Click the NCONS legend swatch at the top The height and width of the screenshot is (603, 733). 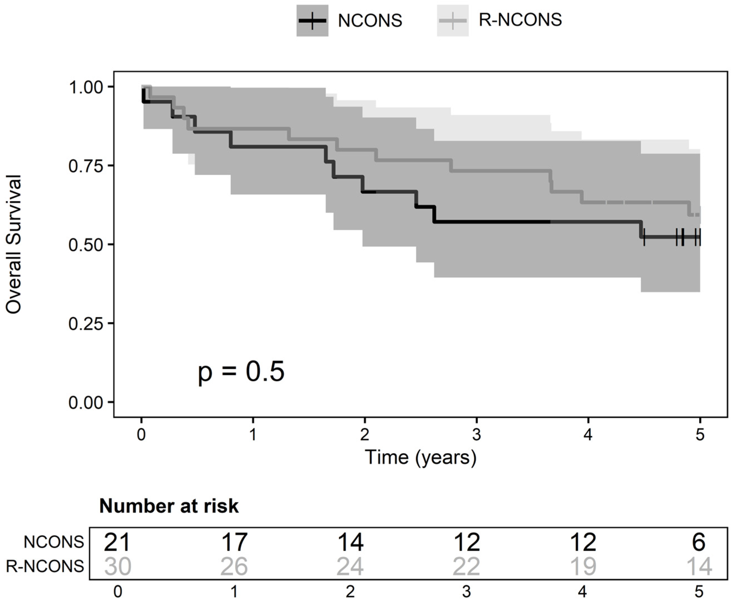312,21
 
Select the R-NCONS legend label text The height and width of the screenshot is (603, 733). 520,20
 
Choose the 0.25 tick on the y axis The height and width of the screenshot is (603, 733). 86,324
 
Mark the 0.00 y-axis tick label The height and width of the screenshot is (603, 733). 86,403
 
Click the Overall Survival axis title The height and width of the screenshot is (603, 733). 14,244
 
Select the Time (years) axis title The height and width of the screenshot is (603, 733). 421,457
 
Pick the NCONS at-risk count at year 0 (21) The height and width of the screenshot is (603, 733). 117,542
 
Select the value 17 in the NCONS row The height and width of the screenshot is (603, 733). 234,542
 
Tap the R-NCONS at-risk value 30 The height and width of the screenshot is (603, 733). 118,566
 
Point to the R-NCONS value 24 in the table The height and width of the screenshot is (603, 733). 350,566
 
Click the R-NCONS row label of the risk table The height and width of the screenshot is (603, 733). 45,566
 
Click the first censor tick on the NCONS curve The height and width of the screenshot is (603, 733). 644,237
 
